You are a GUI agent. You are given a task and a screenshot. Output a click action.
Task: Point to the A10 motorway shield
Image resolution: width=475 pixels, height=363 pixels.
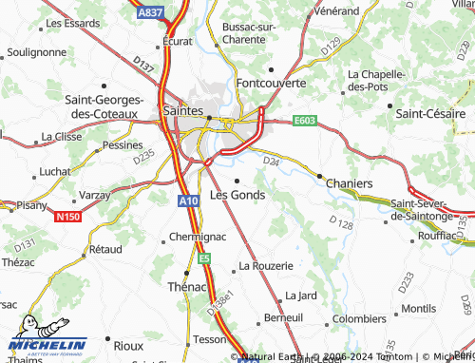click(188, 201)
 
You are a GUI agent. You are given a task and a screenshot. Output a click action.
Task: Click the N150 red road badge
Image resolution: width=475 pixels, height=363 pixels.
click(66, 218)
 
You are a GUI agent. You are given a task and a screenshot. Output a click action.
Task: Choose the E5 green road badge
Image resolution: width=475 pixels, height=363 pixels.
click(204, 257)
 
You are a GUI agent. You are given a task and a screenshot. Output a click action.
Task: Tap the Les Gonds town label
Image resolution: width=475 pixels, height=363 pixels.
click(237, 194)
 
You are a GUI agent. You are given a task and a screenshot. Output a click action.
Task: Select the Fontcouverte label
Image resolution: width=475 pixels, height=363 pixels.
click(271, 83)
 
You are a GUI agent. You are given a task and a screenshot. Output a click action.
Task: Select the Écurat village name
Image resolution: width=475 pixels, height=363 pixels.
click(178, 42)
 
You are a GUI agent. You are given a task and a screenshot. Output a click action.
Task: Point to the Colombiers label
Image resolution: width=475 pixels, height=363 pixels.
click(359, 319)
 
